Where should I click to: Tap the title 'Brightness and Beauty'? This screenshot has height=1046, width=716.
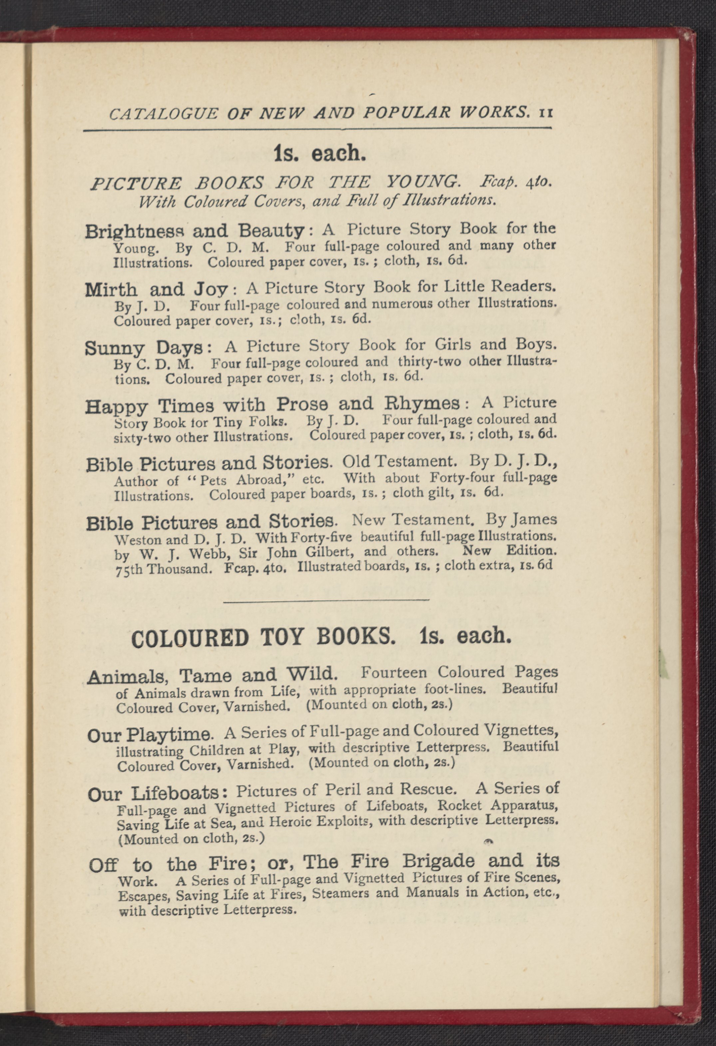point(194,231)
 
